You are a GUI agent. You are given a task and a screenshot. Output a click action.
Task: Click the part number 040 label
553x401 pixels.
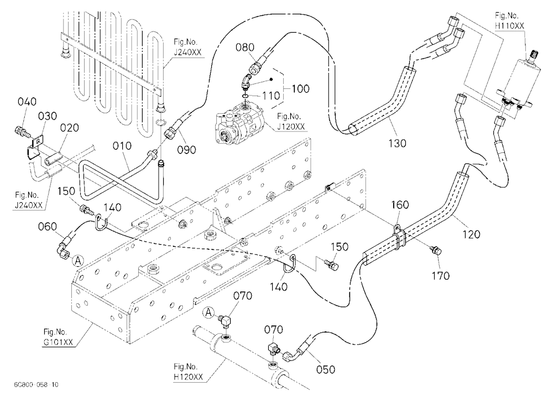tap(27, 102)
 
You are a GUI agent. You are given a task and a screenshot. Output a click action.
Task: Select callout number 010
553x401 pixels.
tap(122, 146)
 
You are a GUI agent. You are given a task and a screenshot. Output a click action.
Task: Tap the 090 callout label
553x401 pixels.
tap(186, 150)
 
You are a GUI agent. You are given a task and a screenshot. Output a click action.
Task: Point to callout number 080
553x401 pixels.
tap(245, 47)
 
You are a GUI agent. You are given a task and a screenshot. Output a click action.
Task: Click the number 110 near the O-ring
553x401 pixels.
tap(271, 96)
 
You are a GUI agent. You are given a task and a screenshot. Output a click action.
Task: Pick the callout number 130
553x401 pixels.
tap(397, 143)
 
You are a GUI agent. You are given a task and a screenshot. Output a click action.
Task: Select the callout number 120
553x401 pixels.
tap(471, 234)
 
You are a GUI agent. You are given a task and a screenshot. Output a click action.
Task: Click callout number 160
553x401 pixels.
tap(400, 205)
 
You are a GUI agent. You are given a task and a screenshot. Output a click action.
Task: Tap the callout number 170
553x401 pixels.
tap(441, 275)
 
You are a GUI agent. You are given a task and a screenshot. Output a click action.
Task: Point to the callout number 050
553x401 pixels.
tap(326, 370)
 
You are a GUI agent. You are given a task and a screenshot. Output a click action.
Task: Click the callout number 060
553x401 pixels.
tap(48, 226)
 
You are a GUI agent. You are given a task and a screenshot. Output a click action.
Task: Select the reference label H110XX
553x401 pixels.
tap(510, 26)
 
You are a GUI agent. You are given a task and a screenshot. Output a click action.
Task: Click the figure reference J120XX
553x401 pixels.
tap(291, 126)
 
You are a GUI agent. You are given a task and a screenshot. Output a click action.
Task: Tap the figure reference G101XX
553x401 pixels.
tap(58, 342)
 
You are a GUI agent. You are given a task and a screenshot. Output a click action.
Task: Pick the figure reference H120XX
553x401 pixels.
tap(189, 377)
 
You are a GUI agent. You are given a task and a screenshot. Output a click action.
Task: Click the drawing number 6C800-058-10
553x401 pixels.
tap(36, 384)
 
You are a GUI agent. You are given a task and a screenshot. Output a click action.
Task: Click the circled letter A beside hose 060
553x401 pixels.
tap(79, 261)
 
